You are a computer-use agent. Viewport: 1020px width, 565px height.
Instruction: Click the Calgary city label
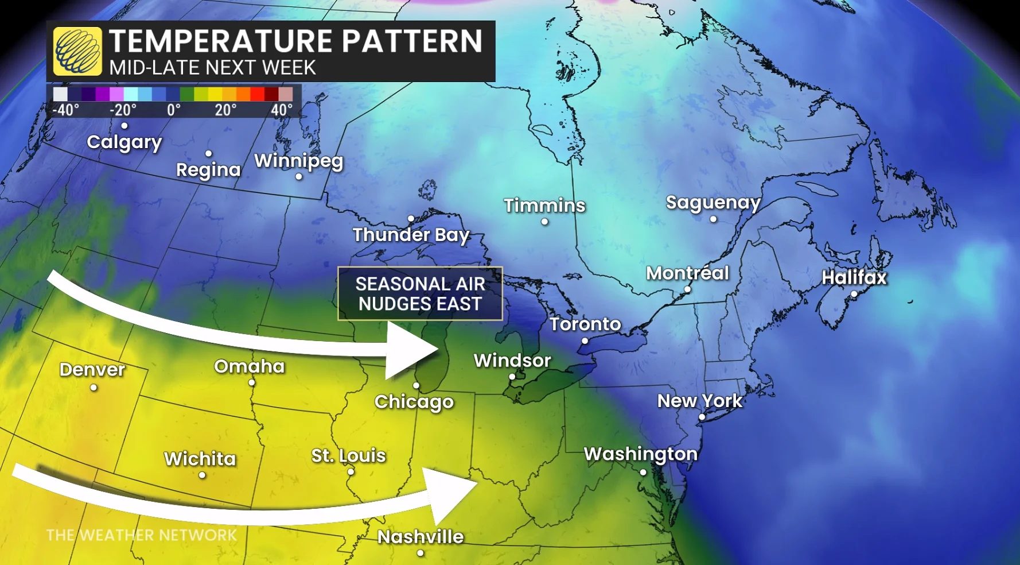click(x=124, y=142)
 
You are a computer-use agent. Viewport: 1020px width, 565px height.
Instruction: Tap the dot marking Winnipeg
click(x=298, y=177)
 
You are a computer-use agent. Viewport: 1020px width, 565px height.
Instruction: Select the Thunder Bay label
click(x=411, y=235)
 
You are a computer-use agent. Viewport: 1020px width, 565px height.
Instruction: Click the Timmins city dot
click(x=544, y=222)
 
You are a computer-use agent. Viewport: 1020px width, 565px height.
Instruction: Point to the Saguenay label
click(x=713, y=203)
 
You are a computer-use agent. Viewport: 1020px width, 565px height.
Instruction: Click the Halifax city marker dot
click(x=854, y=294)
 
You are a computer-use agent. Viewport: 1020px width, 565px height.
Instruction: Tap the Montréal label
click(x=687, y=273)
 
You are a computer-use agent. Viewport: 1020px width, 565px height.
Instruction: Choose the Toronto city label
click(x=585, y=324)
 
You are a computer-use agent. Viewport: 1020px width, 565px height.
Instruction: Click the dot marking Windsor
click(x=512, y=377)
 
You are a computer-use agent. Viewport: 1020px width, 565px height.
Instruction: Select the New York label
click(x=699, y=401)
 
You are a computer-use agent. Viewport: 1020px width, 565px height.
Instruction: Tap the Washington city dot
click(x=643, y=473)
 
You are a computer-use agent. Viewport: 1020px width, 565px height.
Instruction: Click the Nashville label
click(x=421, y=537)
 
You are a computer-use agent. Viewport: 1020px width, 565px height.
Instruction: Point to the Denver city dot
click(x=94, y=388)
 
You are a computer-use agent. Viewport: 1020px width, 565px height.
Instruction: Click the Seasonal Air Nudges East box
click(x=420, y=293)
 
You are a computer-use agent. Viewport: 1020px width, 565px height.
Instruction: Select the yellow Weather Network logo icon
click(x=77, y=52)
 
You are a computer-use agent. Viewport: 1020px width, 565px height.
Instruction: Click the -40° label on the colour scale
click(x=65, y=110)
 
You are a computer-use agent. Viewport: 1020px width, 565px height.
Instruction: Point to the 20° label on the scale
click(x=225, y=110)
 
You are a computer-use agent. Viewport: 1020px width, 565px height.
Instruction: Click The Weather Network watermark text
click(x=141, y=535)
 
